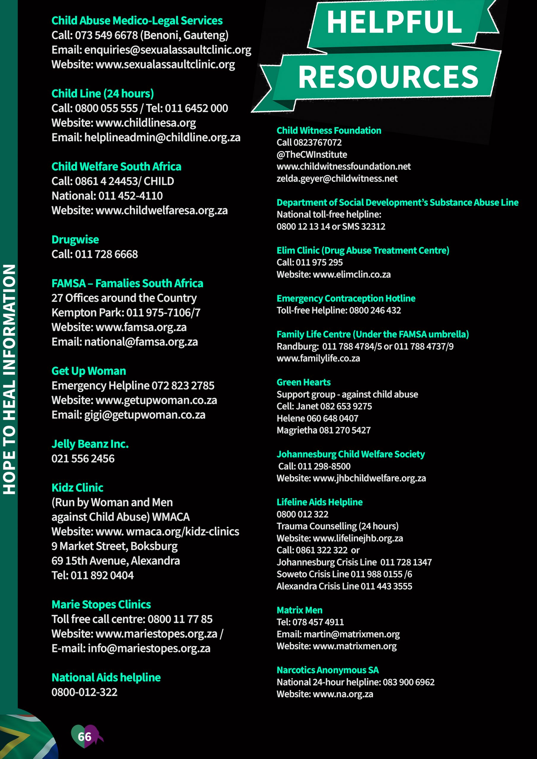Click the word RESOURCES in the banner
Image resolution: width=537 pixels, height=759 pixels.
click(x=388, y=77)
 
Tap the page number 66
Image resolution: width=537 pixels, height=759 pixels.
click(x=84, y=736)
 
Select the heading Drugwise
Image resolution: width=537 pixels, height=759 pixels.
click(x=75, y=239)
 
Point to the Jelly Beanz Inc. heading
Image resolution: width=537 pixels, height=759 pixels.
click(x=90, y=444)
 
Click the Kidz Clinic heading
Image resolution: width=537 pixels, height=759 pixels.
click(x=77, y=488)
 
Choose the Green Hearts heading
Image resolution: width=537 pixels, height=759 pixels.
click(x=304, y=382)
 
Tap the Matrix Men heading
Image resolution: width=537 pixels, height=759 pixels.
click(x=299, y=610)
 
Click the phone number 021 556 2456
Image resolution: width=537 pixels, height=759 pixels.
click(x=83, y=458)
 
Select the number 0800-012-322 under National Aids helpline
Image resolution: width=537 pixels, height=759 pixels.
click(x=84, y=692)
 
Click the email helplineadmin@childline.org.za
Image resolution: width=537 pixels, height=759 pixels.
click(x=162, y=137)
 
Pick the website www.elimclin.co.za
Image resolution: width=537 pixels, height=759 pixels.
click(x=352, y=274)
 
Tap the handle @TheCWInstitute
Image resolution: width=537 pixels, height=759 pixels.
click(x=312, y=154)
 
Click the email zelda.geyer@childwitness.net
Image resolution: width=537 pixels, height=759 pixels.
click(x=337, y=178)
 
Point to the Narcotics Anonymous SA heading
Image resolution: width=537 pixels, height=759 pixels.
click(x=328, y=670)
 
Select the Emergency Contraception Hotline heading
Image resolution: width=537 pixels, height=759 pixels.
click(x=346, y=298)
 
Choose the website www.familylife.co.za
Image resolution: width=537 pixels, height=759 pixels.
click(x=318, y=358)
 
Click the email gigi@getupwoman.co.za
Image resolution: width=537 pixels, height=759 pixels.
click(x=144, y=414)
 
